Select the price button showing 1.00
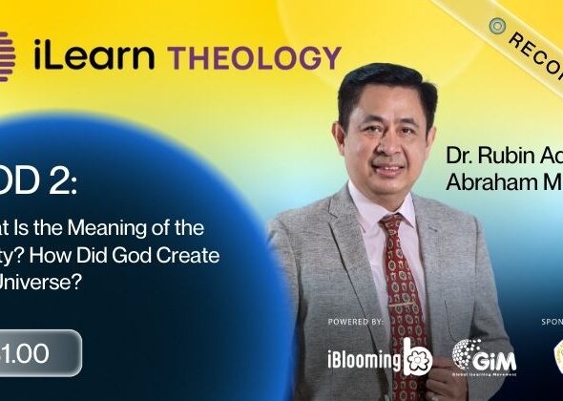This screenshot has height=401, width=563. tap(38, 352)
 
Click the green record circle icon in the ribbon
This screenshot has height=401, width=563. tap(496, 25)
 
